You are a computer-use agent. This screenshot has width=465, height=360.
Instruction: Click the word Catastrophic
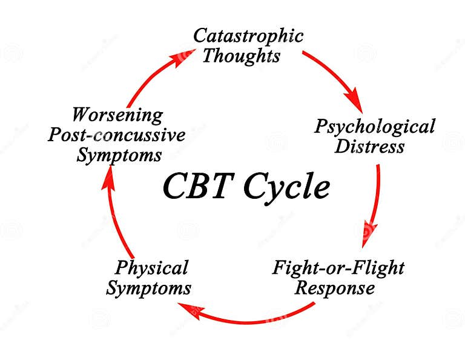tap(248, 36)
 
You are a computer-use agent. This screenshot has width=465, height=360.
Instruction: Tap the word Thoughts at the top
tap(241, 56)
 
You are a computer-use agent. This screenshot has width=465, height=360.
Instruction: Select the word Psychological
tap(375, 127)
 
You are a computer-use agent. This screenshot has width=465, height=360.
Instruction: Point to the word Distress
tap(370, 147)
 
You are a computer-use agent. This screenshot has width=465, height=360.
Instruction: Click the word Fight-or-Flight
tap(338, 267)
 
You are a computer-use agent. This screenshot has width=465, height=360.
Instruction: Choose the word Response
tap(334, 288)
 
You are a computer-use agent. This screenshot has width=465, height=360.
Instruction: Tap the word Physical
tap(152, 267)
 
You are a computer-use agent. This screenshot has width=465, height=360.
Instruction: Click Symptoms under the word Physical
tap(148, 288)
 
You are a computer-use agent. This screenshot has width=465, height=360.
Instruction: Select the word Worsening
tap(117, 114)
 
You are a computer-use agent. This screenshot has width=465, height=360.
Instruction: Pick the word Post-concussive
tap(117, 135)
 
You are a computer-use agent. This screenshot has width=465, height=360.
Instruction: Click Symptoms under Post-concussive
tap(119, 155)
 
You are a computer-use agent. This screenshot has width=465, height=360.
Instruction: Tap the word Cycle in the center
tap(286, 188)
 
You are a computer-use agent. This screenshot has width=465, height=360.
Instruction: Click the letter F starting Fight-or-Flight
tap(279, 267)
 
